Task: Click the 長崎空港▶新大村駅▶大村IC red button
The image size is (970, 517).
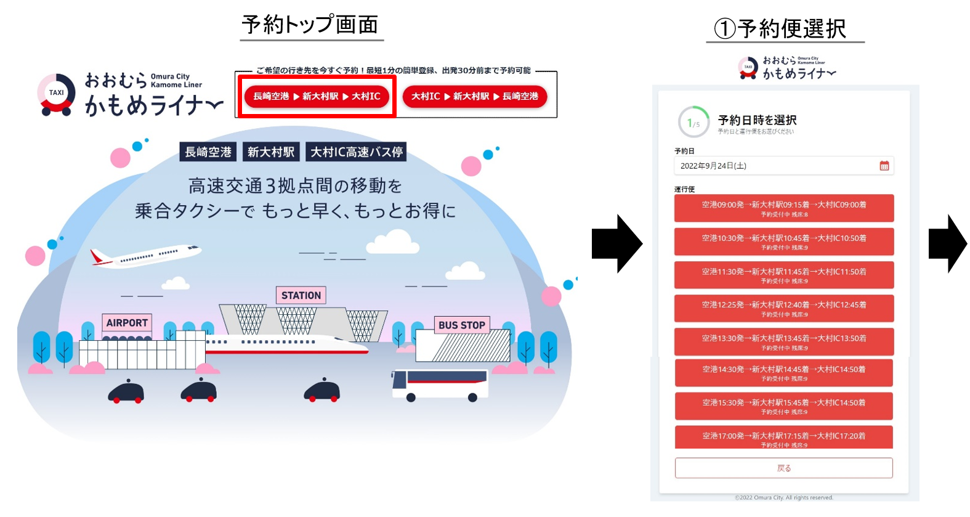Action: [317, 96]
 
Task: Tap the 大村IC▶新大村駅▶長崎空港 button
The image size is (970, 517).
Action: [474, 96]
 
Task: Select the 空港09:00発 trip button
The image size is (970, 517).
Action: [783, 208]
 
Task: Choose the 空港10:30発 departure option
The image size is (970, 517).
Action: [783, 242]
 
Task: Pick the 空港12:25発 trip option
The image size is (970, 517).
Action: [783, 308]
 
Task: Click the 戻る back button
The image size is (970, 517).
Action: [783, 468]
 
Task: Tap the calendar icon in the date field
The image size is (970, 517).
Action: [884, 166]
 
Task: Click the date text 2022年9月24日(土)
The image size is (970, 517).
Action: [713, 166]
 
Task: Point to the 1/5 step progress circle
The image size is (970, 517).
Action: [693, 123]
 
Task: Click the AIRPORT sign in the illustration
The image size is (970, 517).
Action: [127, 323]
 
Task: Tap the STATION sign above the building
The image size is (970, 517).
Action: [301, 296]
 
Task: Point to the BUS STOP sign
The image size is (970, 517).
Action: [462, 325]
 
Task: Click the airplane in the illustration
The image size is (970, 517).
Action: [146, 255]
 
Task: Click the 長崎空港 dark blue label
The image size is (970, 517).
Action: [208, 152]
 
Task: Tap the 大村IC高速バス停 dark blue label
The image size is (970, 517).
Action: [356, 152]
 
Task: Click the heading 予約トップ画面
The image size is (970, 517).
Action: [310, 25]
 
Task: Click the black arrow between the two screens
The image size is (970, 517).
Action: [616, 244]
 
